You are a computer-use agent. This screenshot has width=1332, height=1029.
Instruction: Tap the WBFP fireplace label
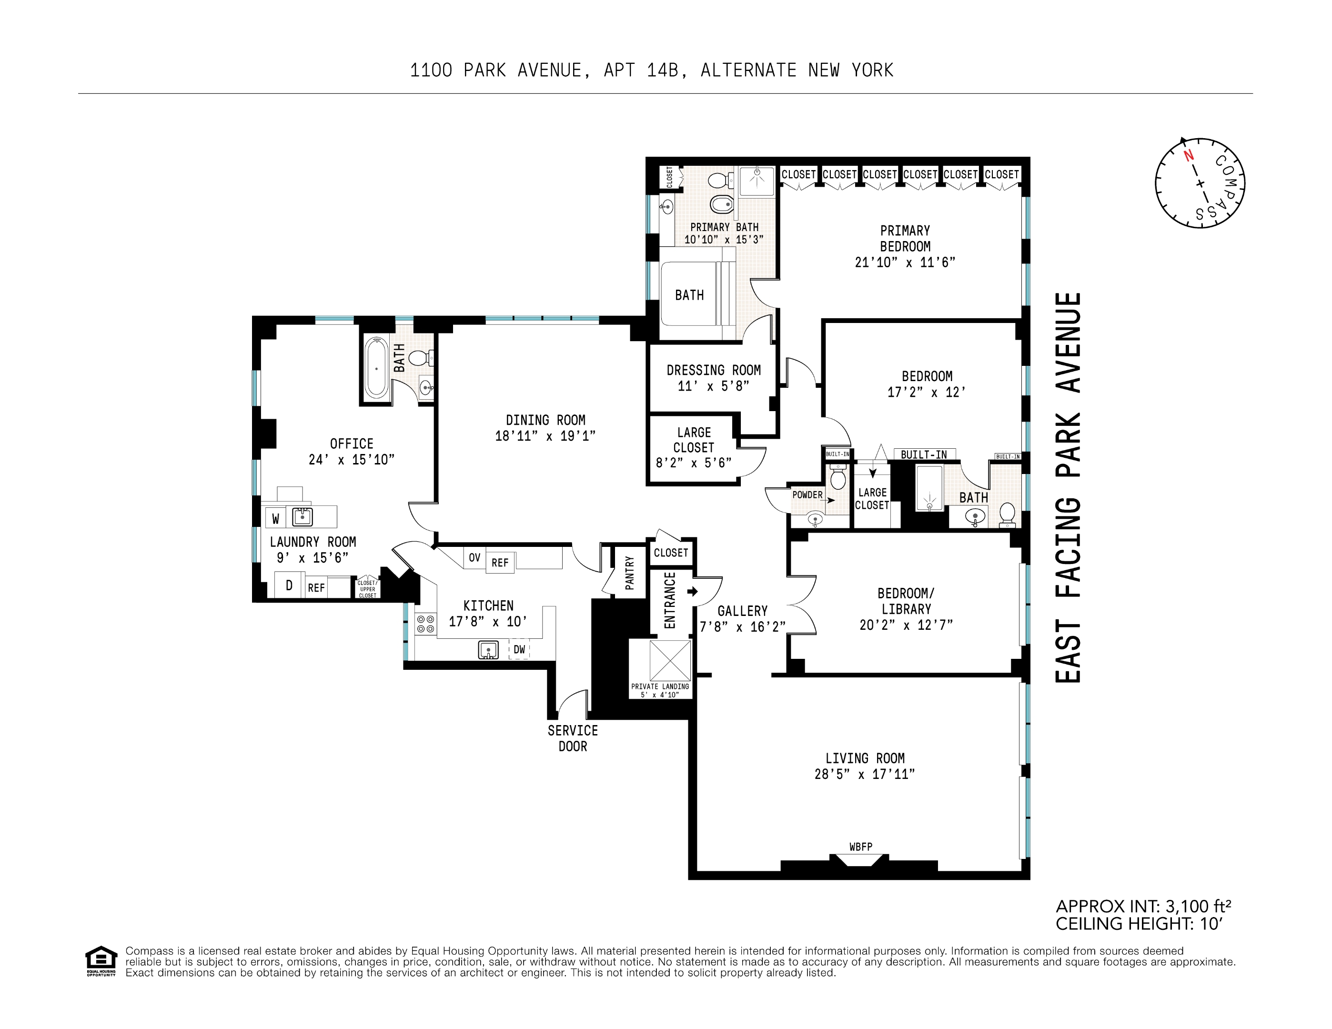[x=860, y=847]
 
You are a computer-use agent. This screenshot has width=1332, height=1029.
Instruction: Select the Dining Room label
[x=545, y=420]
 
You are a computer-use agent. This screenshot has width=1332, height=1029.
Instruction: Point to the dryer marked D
[x=289, y=585]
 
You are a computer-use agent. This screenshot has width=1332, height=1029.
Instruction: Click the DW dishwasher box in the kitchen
[x=519, y=650]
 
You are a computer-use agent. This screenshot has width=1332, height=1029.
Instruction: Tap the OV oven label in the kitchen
[x=474, y=557]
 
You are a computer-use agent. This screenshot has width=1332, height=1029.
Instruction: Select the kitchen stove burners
[x=425, y=624]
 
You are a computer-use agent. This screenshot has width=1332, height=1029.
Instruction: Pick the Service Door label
[x=572, y=738]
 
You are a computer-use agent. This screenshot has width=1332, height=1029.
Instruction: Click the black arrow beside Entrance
[x=692, y=591]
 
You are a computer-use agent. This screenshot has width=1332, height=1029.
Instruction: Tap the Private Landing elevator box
[x=670, y=661]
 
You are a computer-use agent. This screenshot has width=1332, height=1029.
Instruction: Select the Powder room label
[x=807, y=494]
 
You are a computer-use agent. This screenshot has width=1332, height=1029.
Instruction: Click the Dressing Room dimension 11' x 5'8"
[x=713, y=386]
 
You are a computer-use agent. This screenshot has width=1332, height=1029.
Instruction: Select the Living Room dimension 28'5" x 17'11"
[x=864, y=774]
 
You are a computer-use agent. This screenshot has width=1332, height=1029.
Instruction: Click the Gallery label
[x=742, y=611]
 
